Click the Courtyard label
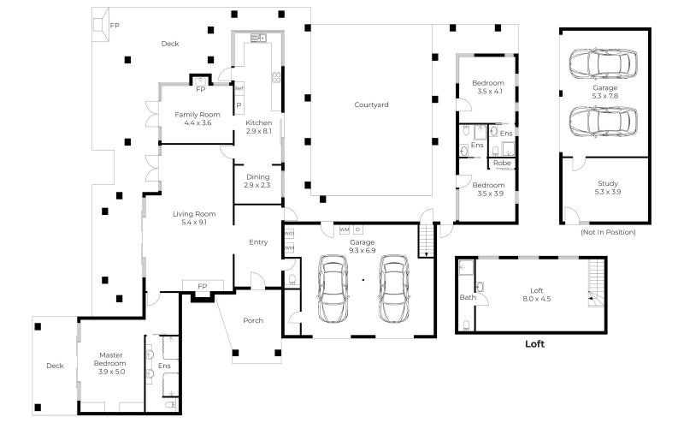(x=371, y=104)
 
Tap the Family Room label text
(x=198, y=118)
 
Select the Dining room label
(x=256, y=181)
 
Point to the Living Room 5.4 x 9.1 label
(x=193, y=217)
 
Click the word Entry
(x=257, y=242)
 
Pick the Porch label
(x=252, y=321)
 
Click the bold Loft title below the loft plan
(x=534, y=345)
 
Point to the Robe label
(x=502, y=163)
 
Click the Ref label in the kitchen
(x=239, y=88)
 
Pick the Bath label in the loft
(x=468, y=298)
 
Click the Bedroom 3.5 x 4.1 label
(x=488, y=86)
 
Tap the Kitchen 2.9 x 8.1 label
(x=258, y=128)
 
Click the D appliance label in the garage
(x=358, y=229)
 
